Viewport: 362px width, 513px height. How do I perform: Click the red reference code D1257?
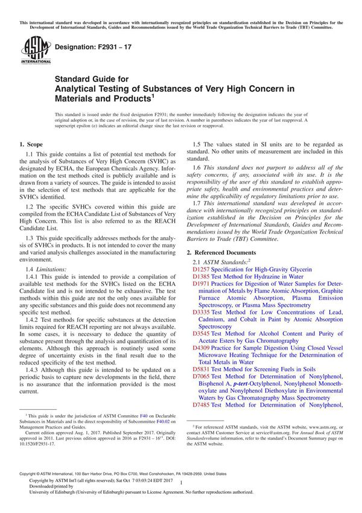(x=201, y=269)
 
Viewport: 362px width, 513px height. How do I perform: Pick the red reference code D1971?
(x=201, y=283)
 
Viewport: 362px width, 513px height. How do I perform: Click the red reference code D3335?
(x=201, y=313)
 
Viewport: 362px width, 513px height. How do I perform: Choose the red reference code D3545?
(x=201, y=334)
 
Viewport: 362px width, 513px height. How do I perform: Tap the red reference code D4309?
(x=201, y=349)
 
